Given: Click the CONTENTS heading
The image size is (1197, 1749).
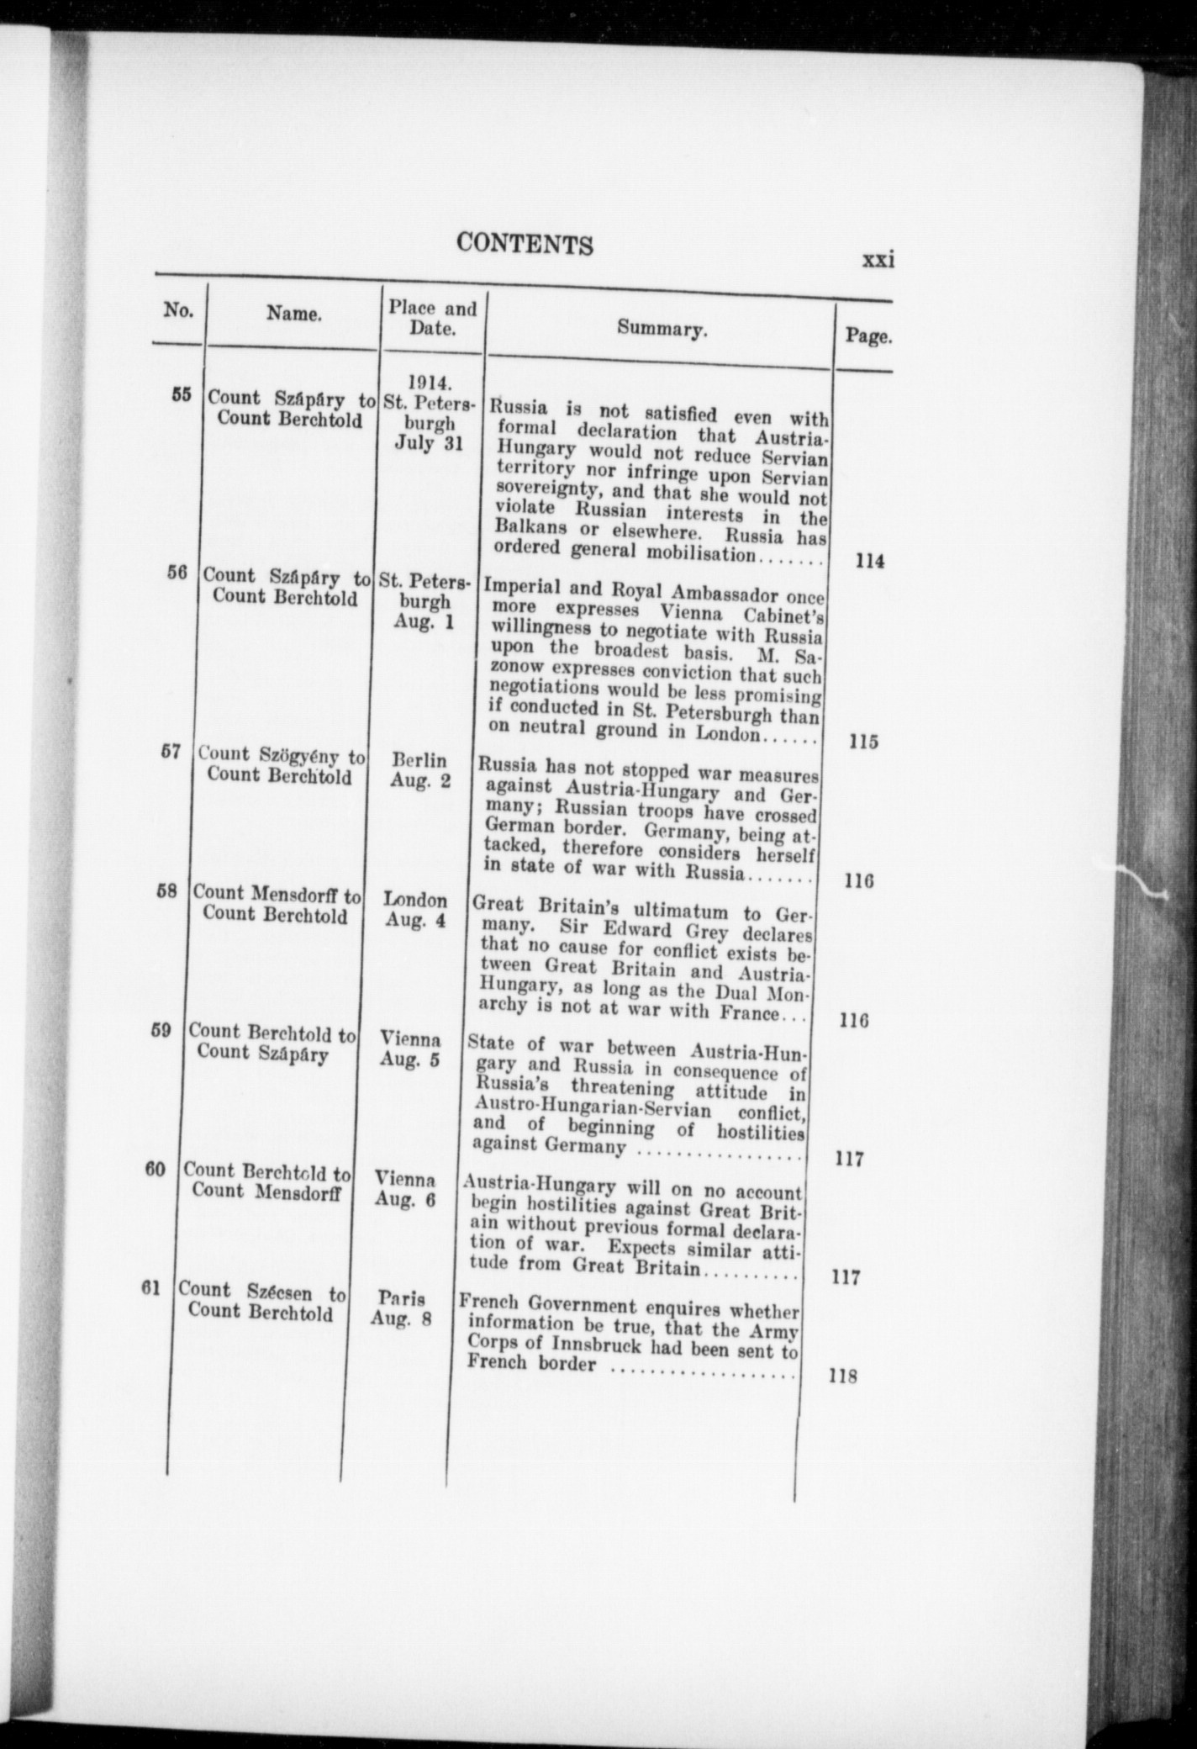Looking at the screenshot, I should click(525, 244).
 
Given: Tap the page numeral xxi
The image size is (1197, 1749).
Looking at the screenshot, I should click(878, 260).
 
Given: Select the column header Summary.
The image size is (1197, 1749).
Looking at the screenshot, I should click(662, 329).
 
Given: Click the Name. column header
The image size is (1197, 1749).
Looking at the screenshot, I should click(294, 314).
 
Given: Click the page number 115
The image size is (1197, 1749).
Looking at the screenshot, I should click(863, 742).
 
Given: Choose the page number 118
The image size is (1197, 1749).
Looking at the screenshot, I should click(841, 1377).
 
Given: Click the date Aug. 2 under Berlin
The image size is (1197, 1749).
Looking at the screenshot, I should click(420, 781).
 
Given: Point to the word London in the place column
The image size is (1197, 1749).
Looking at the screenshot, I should click(415, 900).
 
